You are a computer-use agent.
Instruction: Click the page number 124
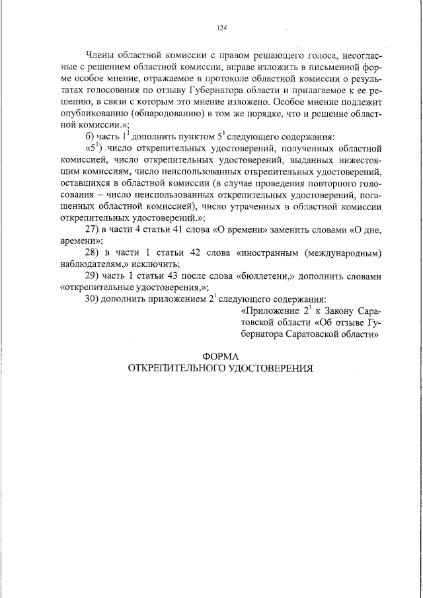(x=221, y=28)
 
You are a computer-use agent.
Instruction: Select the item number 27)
(x=93, y=229)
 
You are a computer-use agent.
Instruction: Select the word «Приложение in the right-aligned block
(x=271, y=311)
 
